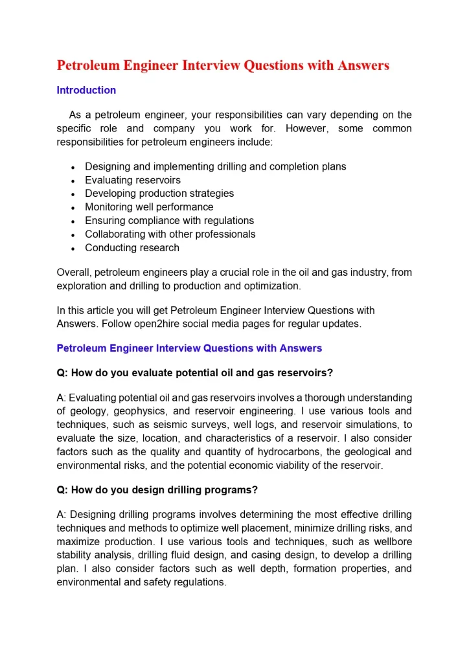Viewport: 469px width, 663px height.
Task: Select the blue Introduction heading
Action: (x=86, y=90)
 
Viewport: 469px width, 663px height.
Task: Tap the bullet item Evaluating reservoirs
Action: (x=133, y=180)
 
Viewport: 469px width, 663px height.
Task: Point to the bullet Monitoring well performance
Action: (x=149, y=207)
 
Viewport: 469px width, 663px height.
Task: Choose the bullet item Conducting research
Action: (x=132, y=248)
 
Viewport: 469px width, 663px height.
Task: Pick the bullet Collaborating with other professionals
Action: (x=170, y=234)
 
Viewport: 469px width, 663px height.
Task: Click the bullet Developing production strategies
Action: (x=159, y=194)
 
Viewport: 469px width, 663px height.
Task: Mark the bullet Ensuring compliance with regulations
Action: (x=169, y=221)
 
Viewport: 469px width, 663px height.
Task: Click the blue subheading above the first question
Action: (x=189, y=348)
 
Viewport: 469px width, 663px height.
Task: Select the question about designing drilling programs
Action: (x=157, y=490)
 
